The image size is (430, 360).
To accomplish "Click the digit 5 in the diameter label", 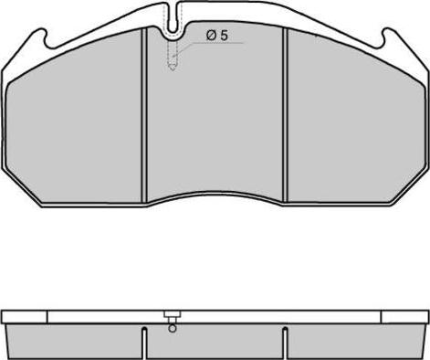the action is coord(224,36).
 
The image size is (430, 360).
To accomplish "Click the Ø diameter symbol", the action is coord(211,36).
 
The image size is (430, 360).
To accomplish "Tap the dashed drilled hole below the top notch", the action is coord(173,55).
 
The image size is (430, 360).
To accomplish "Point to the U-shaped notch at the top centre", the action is coord(173,18).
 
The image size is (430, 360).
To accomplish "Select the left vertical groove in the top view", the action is coord(144,115).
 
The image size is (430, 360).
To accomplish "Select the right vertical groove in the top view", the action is coord(285,115).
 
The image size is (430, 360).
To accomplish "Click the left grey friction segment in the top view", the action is coord(74,122).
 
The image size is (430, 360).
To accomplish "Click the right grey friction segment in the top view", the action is coord(355,122).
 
